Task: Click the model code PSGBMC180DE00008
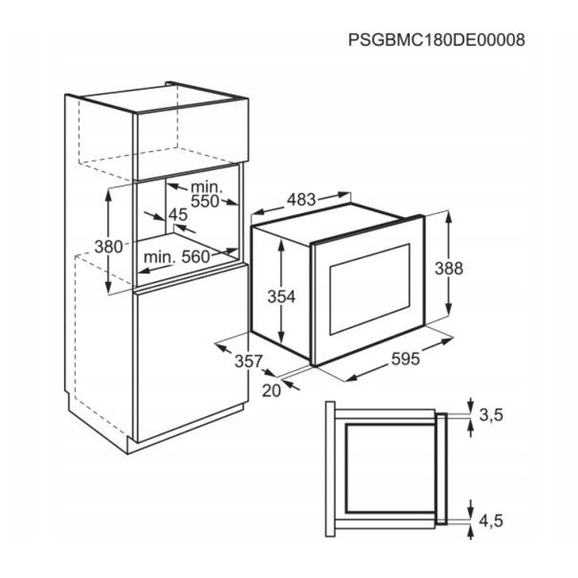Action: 437,40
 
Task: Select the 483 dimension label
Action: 301,200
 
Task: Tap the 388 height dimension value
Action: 448,268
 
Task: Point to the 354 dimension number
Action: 282,296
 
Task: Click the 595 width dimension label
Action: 405,358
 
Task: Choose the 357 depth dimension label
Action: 249,362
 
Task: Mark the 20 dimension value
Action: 272,391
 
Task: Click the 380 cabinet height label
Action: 108,247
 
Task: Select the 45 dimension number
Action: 178,215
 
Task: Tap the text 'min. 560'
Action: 177,257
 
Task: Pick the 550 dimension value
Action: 205,201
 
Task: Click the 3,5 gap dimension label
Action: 491,415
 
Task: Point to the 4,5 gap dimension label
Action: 491,521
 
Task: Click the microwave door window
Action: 370,289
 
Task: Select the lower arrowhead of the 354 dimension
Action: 282,337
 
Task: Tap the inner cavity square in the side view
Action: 390,468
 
